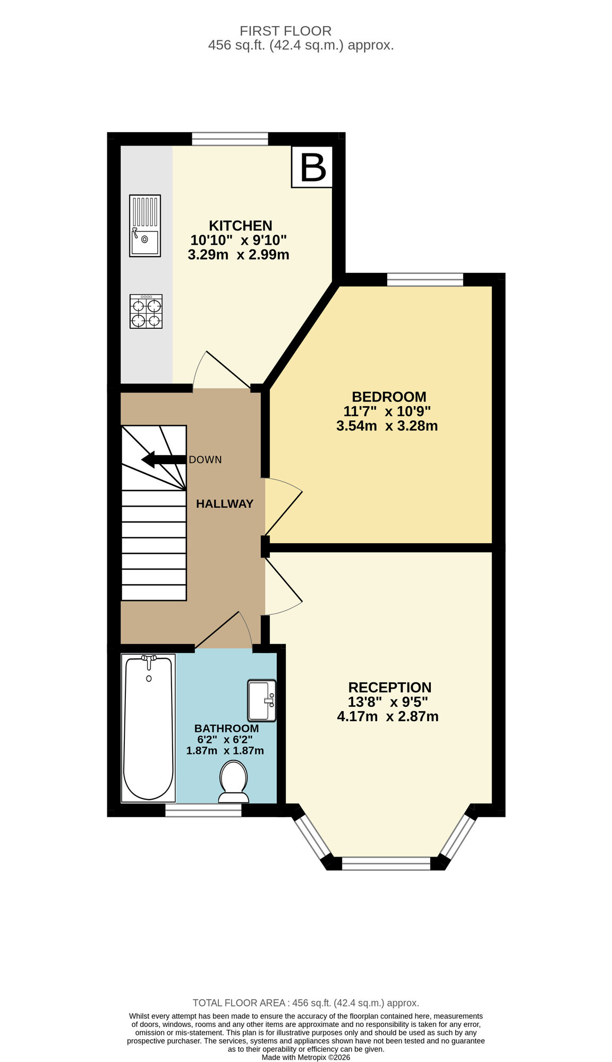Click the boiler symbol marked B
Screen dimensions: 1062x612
[312, 167]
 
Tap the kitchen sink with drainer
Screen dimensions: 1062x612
[145, 226]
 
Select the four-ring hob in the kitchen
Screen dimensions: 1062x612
[146, 312]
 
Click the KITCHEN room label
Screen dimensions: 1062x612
[240, 226]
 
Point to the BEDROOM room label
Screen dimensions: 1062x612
[389, 397]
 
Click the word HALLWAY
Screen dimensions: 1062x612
[224, 504]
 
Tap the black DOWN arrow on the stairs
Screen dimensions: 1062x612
[163, 460]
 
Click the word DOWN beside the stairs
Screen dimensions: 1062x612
[205, 460]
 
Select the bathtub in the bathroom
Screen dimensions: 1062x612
[149, 727]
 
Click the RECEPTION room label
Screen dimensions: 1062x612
[389, 688]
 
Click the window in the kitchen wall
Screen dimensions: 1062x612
[230, 139]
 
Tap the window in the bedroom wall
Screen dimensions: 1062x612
[425, 279]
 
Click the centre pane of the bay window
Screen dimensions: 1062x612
[386, 863]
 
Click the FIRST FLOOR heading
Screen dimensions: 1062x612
[285, 31]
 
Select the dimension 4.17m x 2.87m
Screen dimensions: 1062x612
[388, 717]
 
